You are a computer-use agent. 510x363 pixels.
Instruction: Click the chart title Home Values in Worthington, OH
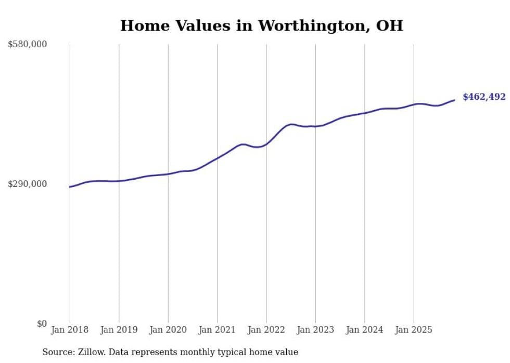click(261, 25)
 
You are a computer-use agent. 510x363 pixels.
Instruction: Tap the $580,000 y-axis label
click(28, 45)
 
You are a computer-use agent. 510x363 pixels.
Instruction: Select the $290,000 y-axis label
click(28, 184)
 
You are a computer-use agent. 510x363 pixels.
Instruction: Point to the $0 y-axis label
click(42, 324)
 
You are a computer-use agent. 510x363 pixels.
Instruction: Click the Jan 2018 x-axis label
click(70, 330)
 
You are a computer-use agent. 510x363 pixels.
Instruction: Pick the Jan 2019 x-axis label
click(119, 330)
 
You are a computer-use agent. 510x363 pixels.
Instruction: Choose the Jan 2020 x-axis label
click(168, 330)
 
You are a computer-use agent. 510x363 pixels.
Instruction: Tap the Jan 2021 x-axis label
click(217, 330)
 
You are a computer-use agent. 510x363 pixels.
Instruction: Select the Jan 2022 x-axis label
click(266, 330)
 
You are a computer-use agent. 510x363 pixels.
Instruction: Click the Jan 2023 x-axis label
click(315, 330)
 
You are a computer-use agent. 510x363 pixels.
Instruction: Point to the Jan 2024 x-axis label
click(365, 330)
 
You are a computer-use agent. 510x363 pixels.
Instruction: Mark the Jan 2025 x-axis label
click(414, 330)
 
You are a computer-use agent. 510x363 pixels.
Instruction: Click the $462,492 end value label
click(484, 97)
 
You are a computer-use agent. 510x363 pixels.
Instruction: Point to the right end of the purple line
click(454, 100)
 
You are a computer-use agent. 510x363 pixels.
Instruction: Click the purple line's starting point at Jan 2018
click(70, 187)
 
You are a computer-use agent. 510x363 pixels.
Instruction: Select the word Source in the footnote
click(56, 352)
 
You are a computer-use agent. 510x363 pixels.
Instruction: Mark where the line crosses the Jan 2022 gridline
click(266, 143)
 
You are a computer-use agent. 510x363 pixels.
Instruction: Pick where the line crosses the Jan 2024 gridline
click(365, 113)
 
